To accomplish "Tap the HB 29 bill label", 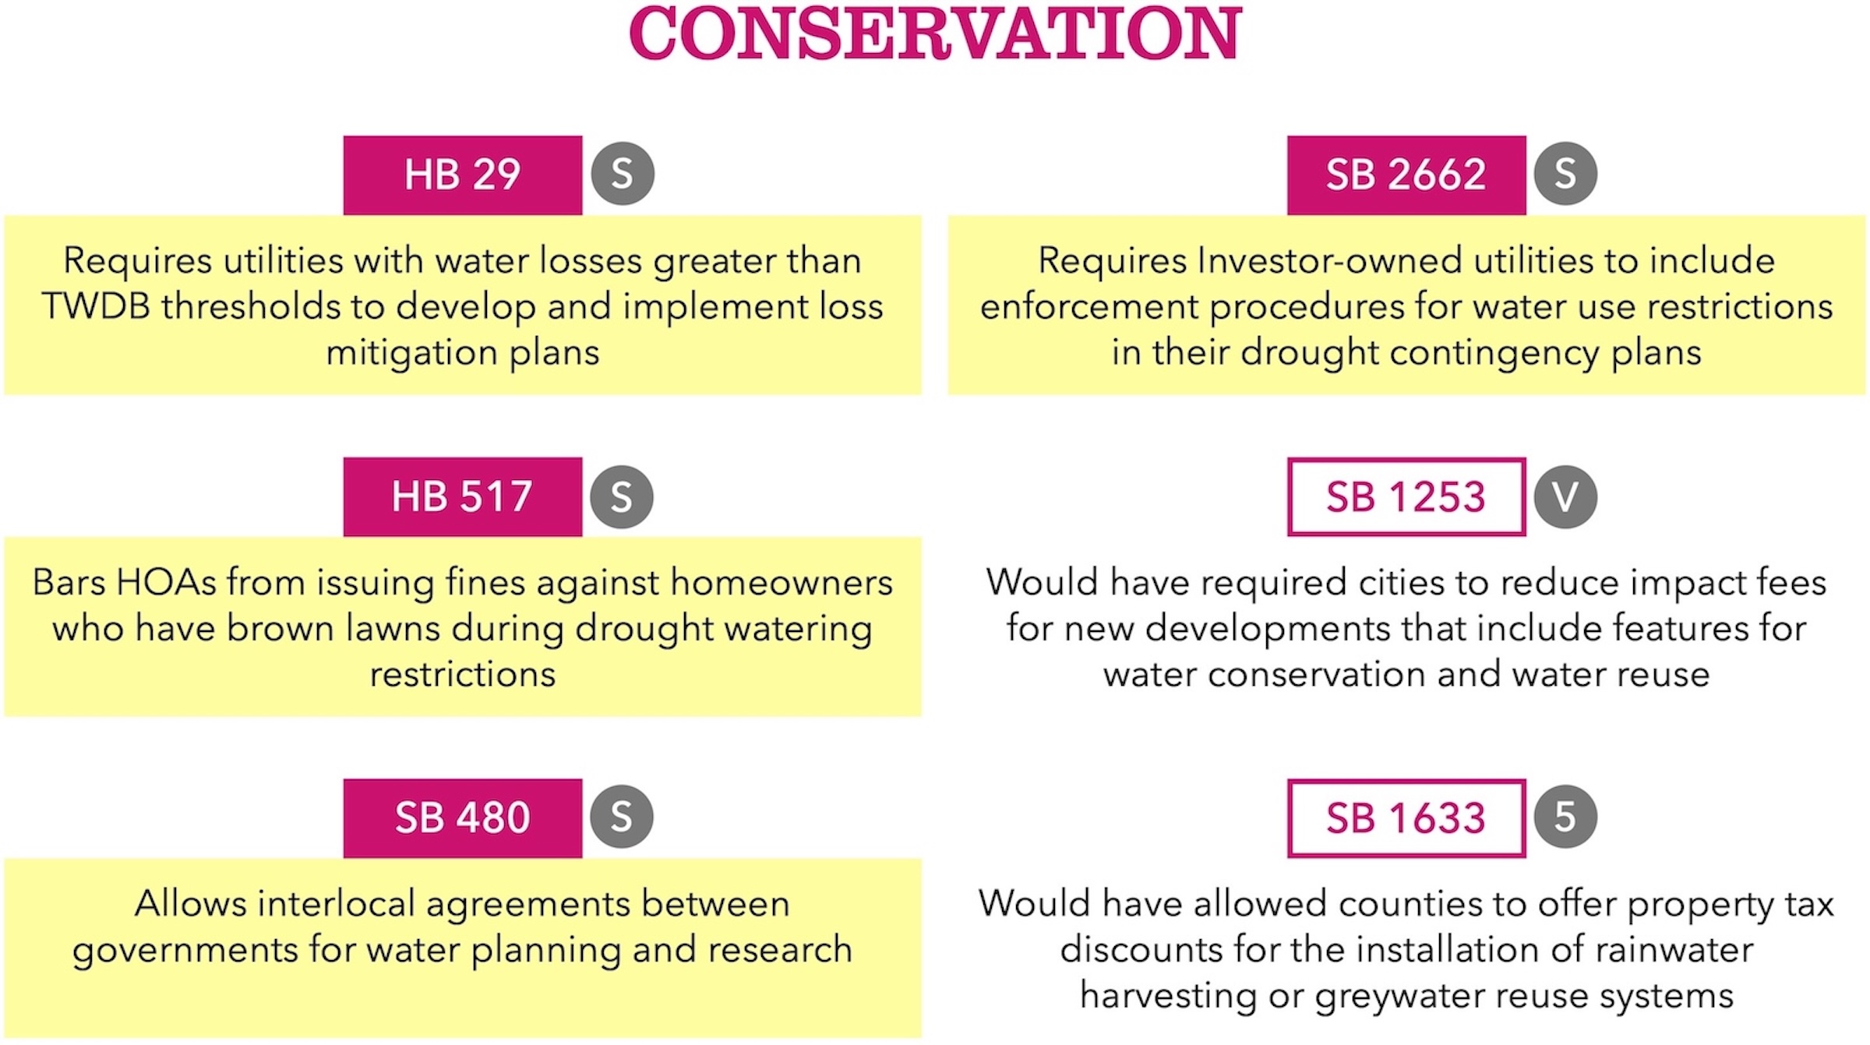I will tap(462, 175).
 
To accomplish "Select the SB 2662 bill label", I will tap(1406, 175).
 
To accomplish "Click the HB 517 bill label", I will tap(462, 496).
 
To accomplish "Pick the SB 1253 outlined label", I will tap(1406, 496).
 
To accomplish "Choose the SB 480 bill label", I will tap(462, 817).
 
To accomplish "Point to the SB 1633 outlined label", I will tap(1406, 817).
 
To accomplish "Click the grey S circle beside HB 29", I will tap(622, 173).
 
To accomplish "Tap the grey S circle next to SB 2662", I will tap(1565, 173).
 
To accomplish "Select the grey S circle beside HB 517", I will tap(621, 496).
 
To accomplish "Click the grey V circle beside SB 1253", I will tap(1565, 496).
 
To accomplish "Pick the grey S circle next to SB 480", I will tap(621, 817).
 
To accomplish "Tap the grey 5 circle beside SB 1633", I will tap(1565, 817).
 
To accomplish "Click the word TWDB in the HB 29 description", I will tap(96, 306).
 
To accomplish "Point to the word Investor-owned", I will tap(1329, 260).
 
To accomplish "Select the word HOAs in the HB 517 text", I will tap(166, 582).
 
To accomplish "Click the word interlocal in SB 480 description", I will tap(337, 904).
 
